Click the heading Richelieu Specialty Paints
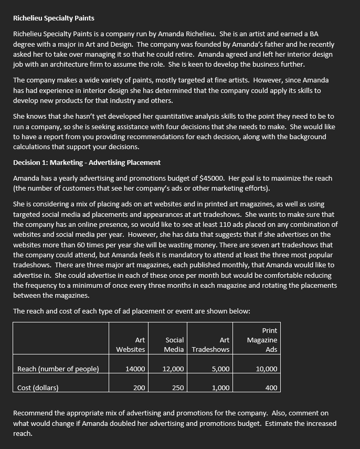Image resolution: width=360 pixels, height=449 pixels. pos(54,18)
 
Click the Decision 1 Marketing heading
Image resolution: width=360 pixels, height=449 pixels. pos(87,162)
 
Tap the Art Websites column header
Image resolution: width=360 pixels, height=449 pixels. pos(131,344)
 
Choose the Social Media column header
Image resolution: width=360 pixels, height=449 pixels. pos(174,344)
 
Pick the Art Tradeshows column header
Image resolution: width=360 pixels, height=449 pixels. pos(211,344)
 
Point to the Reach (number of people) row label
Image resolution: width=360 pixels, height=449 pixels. pos(58,369)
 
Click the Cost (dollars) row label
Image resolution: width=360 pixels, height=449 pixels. pos(38,388)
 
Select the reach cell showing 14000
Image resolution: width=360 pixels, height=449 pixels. pos(135,369)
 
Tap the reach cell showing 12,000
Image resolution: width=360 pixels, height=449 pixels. pos(173,369)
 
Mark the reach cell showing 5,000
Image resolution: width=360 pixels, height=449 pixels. pos(220,369)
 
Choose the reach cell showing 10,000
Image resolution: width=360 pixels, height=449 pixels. pos(267,369)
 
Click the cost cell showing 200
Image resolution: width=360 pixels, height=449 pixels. pos(139,388)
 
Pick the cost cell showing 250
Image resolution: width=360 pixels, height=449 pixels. pos(178,388)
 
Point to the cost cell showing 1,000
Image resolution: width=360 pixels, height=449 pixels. pos(220,388)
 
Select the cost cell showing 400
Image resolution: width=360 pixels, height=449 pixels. pos(271,388)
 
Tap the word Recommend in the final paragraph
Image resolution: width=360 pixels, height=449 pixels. pos(33,413)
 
